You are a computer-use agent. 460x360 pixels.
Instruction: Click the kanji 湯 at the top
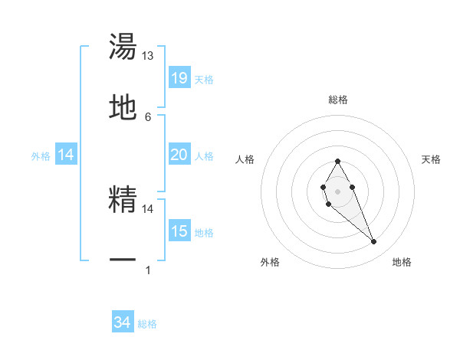coord(123,47)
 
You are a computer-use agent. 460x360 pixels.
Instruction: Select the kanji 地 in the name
coord(123,107)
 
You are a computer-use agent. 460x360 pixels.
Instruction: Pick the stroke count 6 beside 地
coord(148,116)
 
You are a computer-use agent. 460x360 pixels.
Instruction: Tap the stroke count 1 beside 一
coord(148,270)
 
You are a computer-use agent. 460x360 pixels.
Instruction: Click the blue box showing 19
coord(179,78)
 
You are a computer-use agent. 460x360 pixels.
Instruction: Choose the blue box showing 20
coord(179,155)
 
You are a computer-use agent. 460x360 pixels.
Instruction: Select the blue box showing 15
coord(179,231)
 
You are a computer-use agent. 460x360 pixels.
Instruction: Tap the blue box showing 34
coord(123,322)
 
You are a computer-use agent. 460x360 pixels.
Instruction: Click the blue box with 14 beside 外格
coord(67,155)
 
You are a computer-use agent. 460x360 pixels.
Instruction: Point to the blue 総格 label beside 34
coord(147,324)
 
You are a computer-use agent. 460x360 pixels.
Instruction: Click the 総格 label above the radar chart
coord(337,100)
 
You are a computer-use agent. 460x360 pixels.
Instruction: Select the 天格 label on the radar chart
coord(431,159)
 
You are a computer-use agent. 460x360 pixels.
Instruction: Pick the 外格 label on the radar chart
coord(270,262)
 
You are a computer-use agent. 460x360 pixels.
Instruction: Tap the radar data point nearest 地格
coord(374,242)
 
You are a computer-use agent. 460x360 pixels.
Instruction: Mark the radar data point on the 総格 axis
coord(337,162)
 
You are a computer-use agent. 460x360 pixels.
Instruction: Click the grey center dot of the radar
coord(337,190)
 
